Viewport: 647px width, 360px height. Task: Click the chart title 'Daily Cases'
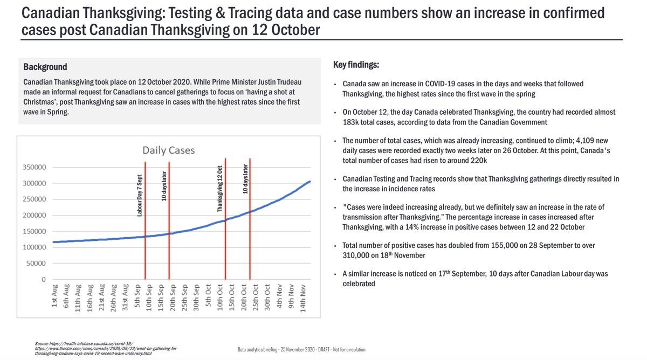point(168,150)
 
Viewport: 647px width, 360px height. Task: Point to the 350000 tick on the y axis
point(41,167)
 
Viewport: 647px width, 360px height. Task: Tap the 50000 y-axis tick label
point(43,264)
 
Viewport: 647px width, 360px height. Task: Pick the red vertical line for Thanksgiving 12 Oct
point(225,243)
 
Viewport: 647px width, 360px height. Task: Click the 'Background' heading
point(45,67)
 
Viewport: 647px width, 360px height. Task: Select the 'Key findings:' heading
point(357,65)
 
